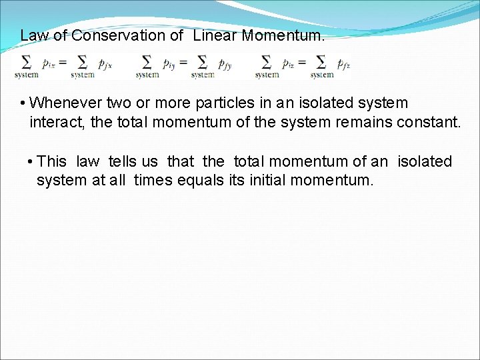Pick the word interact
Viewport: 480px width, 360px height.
pyautogui.click(x=55, y=121)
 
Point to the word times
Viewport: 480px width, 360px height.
pyautogui.click(x=153, y=180)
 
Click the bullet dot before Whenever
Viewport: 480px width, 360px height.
pyautogui.click(x=23, y=104)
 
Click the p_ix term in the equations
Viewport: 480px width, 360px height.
pyautogui.click(x=48, y=64)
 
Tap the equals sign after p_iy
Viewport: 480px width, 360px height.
pyautogui.click(x=183, y=63)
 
